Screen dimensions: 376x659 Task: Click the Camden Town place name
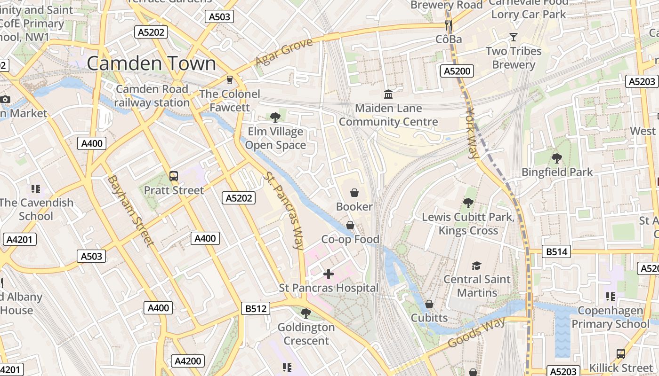click(151, 63)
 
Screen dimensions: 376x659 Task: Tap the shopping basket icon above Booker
click(354, 193)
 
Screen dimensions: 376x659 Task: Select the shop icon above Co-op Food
click(350, 226)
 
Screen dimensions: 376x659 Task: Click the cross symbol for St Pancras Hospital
click(329, 274)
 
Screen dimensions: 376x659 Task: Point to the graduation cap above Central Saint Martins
click(477, 266)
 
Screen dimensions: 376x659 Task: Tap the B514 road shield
click(556, 252)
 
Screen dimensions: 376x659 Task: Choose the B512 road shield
click(256, 309)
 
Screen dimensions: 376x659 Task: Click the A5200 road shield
click(457, 71)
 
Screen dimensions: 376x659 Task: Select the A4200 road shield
click(188, 361)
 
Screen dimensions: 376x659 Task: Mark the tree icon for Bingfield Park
click(557, 158)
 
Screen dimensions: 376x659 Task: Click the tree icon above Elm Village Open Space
click(275, 117)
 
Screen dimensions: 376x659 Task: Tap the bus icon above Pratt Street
click(174, 176)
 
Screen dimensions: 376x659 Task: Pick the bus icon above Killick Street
click(621, 354)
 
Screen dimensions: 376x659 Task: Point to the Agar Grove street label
click(284, 52)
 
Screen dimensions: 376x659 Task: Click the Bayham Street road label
click(130, 211)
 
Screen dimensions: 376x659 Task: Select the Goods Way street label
click(476, 332)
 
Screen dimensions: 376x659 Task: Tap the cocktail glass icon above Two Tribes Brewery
click(514, 37)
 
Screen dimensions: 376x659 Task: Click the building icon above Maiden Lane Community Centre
click(388, 94)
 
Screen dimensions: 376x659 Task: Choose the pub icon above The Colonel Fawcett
click(230, 80)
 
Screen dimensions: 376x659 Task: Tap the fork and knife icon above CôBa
click(449, 25)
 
